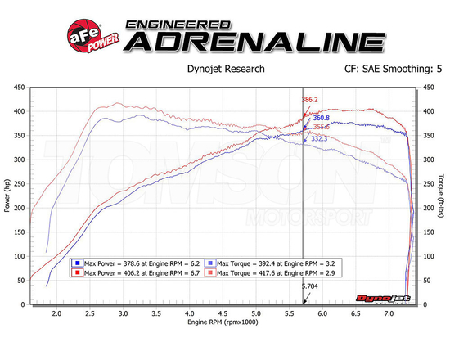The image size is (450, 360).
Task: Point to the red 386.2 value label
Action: pyautogui.click(x=309, y=100)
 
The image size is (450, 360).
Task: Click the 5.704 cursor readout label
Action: pyautogui.click(x=310, y=287)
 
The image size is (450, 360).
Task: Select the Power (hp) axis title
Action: pyautogui.click(x=7, y=196)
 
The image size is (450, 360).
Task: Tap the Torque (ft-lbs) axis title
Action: pyautogui.click(x=442, y=196)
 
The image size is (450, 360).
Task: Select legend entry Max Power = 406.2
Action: pyautogui.click(x=135, y=274)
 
